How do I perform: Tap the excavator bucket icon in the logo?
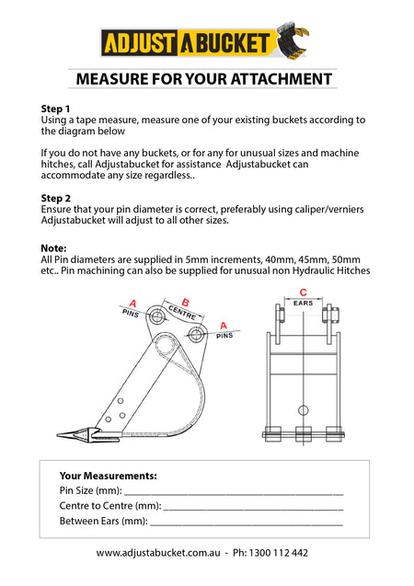pyautogui.click(x=292, y=41)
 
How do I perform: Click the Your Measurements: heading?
pyautogui.click(x=108, y=476)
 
